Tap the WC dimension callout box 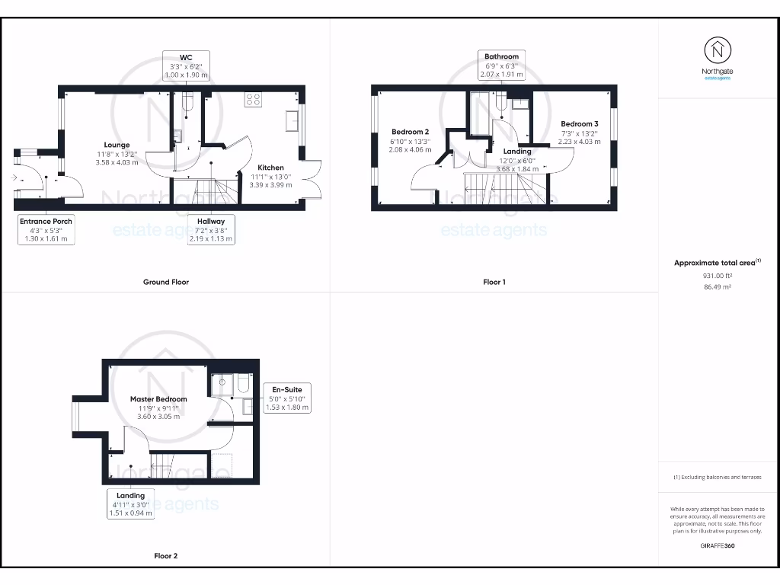[185, 66]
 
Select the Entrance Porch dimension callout [46, 229]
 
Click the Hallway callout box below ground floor [211, 229]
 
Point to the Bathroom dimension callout [501, 66]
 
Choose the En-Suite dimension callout [286, 398]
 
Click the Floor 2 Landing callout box [130, 504]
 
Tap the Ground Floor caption [166, 282]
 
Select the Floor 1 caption [494, 282]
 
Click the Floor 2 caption [165, 556]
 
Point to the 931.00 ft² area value [717, 277]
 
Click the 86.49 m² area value [717, 289]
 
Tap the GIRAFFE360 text [717, 545]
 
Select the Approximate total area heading [717, 263]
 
